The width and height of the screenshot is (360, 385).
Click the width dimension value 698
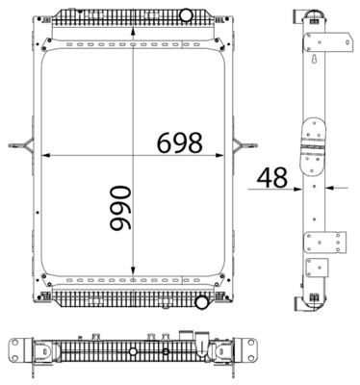click(x=180, y=142)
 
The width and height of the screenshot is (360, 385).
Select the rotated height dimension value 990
click(x=120, y=208)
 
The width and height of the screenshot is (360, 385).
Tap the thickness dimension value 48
click(x=272, y=177)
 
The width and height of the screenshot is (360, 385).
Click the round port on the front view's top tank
click(x=186, y=15)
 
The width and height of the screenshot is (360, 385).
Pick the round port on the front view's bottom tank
click(x=202, y=302)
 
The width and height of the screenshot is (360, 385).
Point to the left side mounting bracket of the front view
click(x=21, y=145)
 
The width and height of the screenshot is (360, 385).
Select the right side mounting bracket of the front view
click(x=245, y=145)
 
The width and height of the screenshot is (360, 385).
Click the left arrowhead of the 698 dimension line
click(x=46, y=155)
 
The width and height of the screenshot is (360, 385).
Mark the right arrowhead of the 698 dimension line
click(x=219, y=155)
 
